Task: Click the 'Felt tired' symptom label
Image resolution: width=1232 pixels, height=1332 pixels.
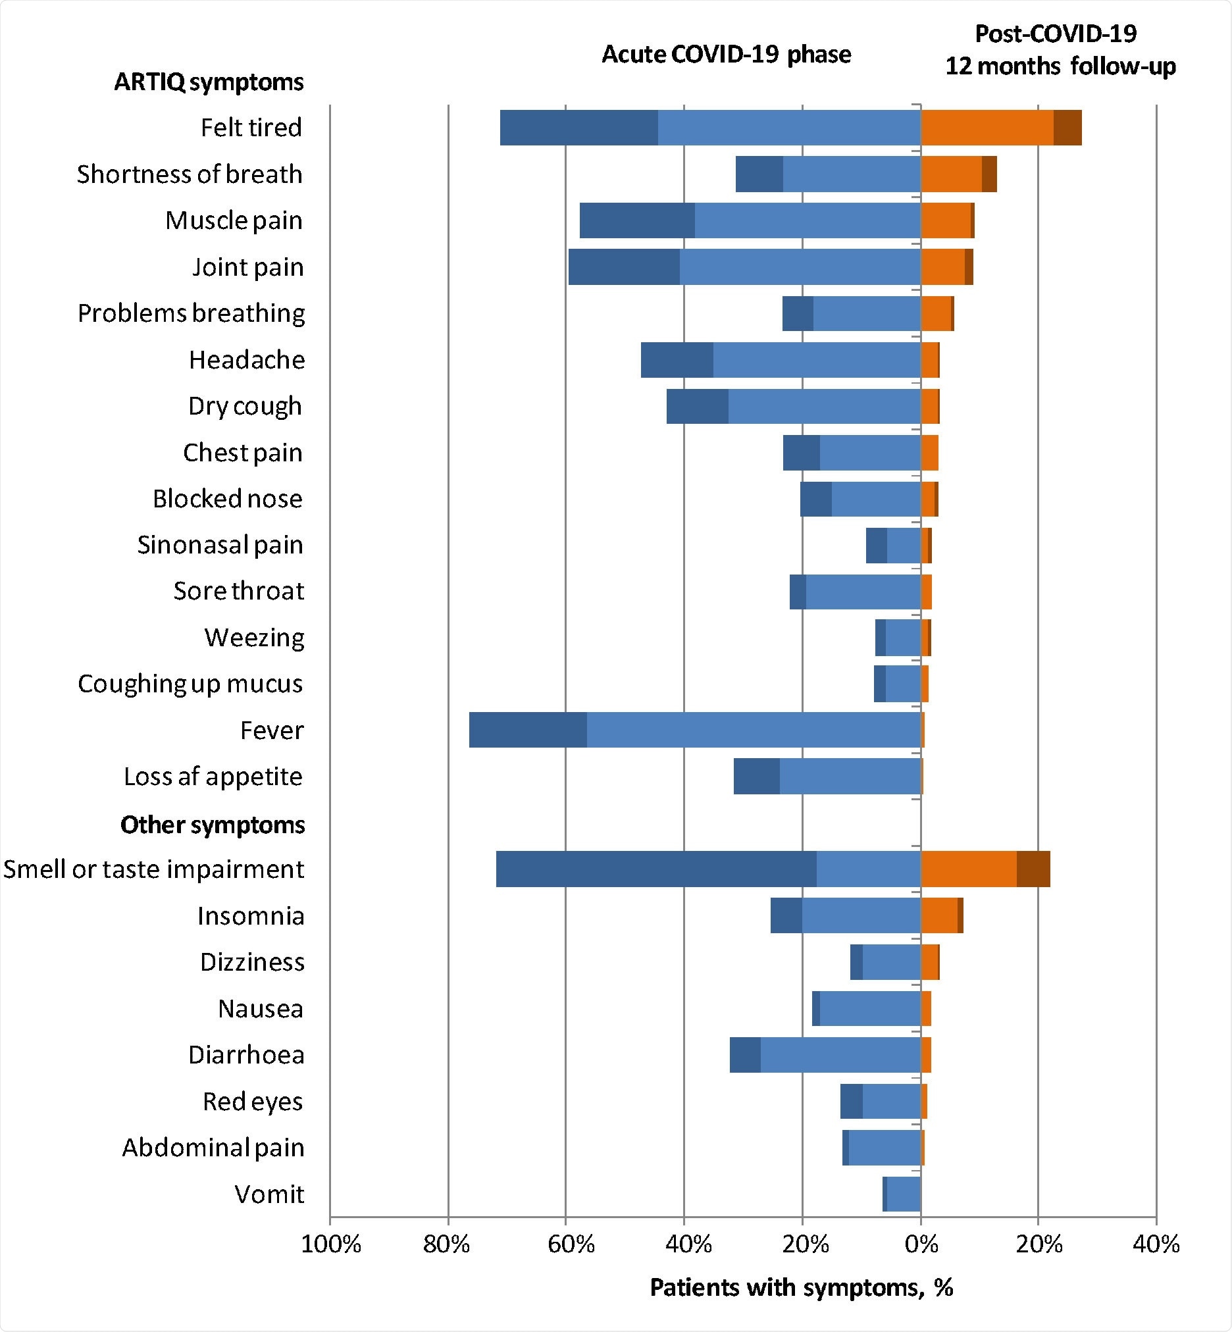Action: pyautogui.click(x=251, y=127)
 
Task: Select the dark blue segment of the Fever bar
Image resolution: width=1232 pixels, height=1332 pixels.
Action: pyautogui.click(x=527, y=730)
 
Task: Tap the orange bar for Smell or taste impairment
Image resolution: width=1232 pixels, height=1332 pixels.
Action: pyautogui.click(x=968, y=869)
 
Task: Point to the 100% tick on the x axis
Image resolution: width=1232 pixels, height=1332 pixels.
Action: pyautogui.click(x=330, y=1244)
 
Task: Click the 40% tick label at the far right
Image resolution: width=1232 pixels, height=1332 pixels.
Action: pyautogui.click(x=1156, y=1244)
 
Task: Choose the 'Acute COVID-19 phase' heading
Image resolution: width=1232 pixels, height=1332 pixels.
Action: pyautogui.click(x=726, y=55)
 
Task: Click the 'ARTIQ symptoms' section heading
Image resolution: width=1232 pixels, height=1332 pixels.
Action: pyautogui.click(x=209, y=82)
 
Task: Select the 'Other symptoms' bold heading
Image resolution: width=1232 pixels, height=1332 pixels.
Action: pyautogui.click(x=212, y=825)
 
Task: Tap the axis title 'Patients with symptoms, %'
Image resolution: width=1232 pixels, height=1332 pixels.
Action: pyautogui.click(x=802, y=1287)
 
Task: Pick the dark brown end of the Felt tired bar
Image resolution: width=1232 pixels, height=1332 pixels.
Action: pyautogui.click(x=1067, y=127)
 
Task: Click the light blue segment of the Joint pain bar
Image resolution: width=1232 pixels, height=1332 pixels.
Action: pyautogui.click(x=800, y=267)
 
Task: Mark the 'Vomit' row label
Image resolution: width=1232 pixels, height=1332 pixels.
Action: pyautogui.click(x=269, y=1194)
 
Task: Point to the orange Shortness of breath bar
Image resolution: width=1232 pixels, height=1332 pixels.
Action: pyautogui.click(x=951, y=174)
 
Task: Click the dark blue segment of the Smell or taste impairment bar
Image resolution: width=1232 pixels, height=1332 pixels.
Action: pyautogui.click(x=656, y=869)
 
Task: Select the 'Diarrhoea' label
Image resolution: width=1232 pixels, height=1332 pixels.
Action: pyautogui.click(x=246, y=1055)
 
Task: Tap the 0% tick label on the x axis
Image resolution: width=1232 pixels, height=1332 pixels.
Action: pyautogui.click(x=921, y=1244)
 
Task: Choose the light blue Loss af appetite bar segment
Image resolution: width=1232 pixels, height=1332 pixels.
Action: pyautogui.click(x=850, y=776)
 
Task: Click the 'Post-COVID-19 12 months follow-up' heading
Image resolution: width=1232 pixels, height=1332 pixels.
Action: pyautogui.click(x=1060, y=50)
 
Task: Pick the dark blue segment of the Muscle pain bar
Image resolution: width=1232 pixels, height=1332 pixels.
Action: pyautogui.click(x=636, y=220)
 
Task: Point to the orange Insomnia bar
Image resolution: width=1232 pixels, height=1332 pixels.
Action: pyautogui.click(x=938, y=915)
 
